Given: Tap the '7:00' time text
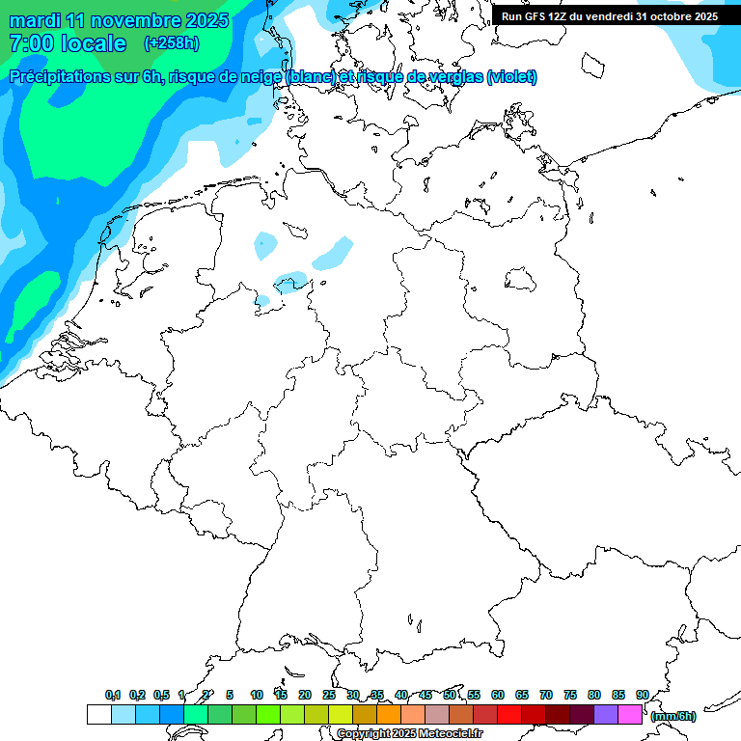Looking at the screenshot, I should pos(32,43).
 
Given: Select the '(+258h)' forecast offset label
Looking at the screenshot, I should pos(173,43).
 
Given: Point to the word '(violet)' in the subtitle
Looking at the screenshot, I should pos(511,77).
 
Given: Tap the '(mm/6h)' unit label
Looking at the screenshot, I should pos(672,716).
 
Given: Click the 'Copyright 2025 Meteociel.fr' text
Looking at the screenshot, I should pos(409,734).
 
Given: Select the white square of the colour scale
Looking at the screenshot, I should pos(98,715).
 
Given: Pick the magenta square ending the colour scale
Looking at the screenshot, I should pos(630,715).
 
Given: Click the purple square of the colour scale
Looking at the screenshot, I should pos(606,715).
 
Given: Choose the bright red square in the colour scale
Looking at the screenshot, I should pos(509,715).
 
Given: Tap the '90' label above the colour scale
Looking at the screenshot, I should pos(642,695).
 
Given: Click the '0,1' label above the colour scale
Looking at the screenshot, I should pos(113,695).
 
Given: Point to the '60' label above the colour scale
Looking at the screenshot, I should pos(498,695).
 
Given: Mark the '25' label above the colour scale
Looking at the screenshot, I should pos(329,695).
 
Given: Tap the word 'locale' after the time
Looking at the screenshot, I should pos(94,43).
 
